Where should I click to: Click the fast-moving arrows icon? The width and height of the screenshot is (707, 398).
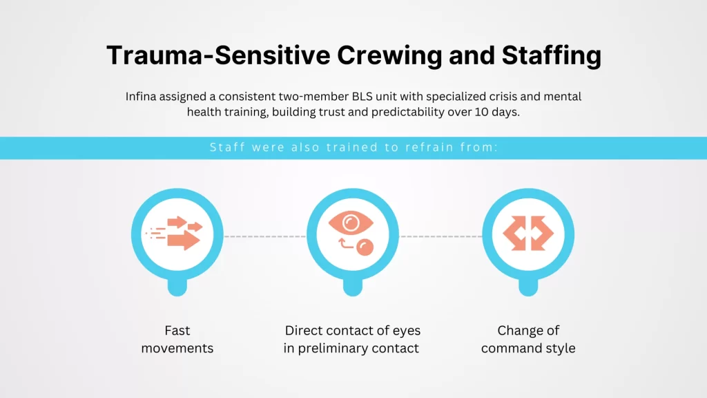[177, 233]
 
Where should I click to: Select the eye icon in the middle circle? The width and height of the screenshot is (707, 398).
[353, 223]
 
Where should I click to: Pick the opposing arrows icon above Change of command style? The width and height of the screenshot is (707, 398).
[528, 233]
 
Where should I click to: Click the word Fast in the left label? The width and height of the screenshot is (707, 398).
[177, 330]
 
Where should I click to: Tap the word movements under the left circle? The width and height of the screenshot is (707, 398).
[177, 348]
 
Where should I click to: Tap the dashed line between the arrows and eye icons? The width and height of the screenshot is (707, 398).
[264, 236]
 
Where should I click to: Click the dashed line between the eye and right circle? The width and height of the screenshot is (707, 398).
[440, 236]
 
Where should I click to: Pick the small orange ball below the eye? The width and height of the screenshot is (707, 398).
[363, 247]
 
